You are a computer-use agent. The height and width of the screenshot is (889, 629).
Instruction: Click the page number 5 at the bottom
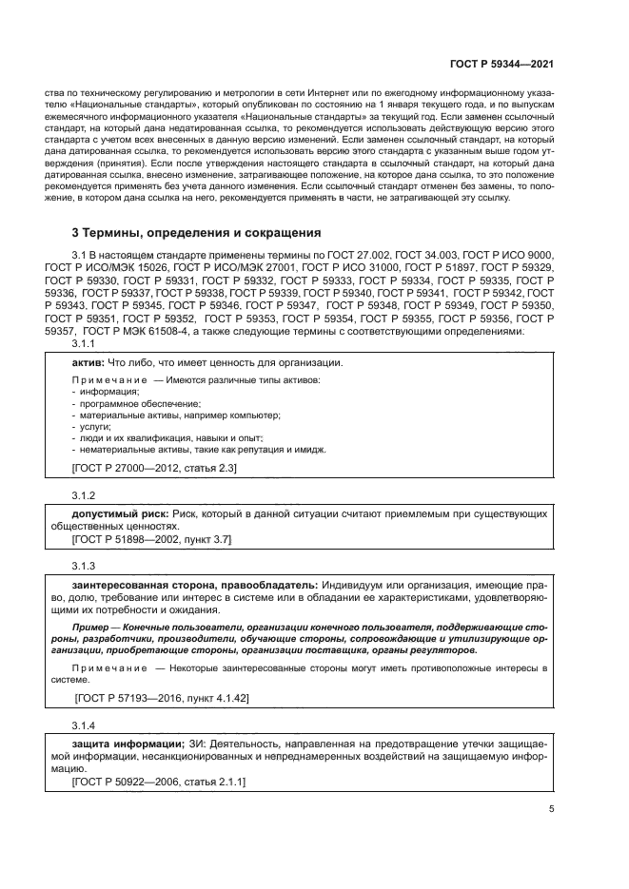click(552, 810)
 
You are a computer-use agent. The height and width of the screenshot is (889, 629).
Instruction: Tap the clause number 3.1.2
click(85, 495)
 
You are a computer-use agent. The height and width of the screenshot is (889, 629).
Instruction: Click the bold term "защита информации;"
click(128, 742)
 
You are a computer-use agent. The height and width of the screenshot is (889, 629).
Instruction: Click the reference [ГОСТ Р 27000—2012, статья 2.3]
click(154, 469)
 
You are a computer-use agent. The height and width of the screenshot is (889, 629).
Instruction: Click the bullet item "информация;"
click(109, 392)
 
